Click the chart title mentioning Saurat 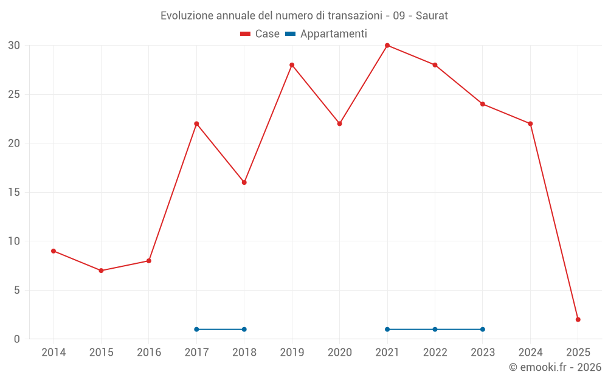(304, 16)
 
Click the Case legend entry (260, 34)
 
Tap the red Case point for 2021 (387, 46)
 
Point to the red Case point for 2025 (578, 319)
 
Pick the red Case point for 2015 (101, 271)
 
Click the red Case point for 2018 (244, 182)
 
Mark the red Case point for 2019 (292, 65)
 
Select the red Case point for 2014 (54, 251)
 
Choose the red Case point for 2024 (530, 124)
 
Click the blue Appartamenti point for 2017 (196, 330)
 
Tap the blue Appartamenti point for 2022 (435, 330)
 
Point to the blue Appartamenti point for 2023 (483, 330)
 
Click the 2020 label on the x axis (339, 353)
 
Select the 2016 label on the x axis (149, 353)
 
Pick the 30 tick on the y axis (14, 46)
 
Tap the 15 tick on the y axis (14, 193)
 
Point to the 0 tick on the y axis (17, 339)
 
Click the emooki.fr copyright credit (554, 367)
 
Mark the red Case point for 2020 (339, 123)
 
